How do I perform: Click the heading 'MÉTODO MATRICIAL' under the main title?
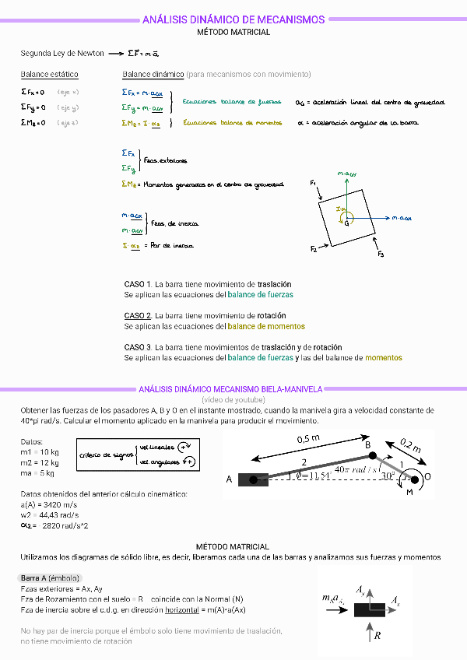pyautogui.click(x=233, y=33)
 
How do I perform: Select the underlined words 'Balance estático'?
pyautogui.click(x=49, y=75)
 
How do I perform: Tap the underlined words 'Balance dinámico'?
pyautogui.click(x=153, y=75)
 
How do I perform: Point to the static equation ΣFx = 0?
pyautogui.click(x=33, y=92)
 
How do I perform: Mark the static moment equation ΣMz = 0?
pyautogui.click(x=33, y=122)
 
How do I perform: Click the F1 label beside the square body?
pyautogui.click(x=313, y=183)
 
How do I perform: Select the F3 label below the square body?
pyautogui.click(x=380, y=255)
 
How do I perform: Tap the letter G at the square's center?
pyautogui.click(x=346, y=223)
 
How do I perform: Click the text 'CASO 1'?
pyautogui.click(x=138, y=285)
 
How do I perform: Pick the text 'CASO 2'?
pyautogui.click(x=138, y=316)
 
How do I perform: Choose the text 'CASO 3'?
pyautogui.click(x=138, y=347)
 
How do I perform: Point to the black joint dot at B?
pyautogui.click(x=372, y=456)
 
